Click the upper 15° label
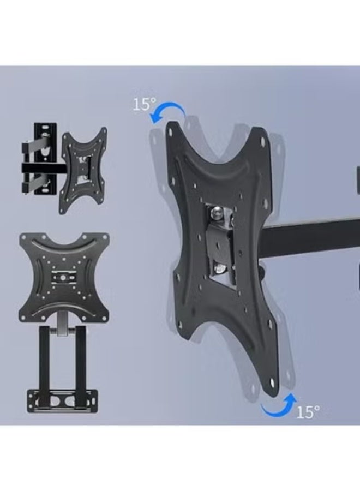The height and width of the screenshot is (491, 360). tap(145, 104)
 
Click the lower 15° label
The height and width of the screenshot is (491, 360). tap(308, 411)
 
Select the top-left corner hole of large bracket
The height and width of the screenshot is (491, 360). tap(175, 130)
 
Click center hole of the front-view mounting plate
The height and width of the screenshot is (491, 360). tap(63, 277)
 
